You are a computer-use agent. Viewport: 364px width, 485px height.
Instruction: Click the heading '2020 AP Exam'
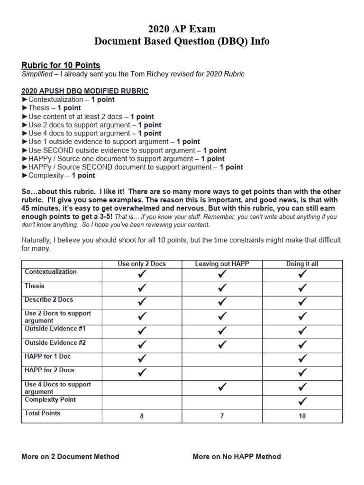pyautogui.click(x=182, y=29)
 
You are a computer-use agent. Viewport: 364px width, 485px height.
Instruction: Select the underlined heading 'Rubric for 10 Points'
pyautogui.click(x=61, y=65)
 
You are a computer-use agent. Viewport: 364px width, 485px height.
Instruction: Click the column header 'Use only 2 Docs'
pyautogui.click(x=142, y=264)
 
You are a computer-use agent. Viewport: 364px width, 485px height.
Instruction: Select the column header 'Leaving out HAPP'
pyautogui.click(x=222, y=264)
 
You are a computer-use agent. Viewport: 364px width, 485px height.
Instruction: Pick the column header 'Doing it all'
pyautogui.click(x=302, y=264)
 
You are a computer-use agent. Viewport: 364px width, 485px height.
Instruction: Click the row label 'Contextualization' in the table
pyautogui.click(x=51, y=272)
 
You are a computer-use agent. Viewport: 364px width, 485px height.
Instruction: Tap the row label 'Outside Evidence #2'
pyautogui.click(x=55, y=342)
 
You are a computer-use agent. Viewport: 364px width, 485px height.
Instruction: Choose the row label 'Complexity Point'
pyautogui.click(x=50, y=399)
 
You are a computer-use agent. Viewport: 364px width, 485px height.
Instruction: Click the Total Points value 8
pyautogui.click(x=142, y=416)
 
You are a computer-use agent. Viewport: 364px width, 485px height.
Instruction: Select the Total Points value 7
pyautogui.click(x=222, y=416)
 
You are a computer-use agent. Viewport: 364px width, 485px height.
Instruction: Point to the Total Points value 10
pyautogui.click(x=302, y=416)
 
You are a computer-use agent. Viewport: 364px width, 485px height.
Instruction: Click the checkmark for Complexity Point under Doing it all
pyautogui.click(x=302, y=402)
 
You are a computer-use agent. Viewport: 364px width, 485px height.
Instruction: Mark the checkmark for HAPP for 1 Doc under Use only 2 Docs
pyautogui.click(x=142, y=359)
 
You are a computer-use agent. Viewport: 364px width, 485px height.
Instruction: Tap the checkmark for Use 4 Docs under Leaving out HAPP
pyautogui.click(x=222, y=387)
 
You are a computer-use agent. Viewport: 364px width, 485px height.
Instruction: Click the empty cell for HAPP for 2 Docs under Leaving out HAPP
pyautogui.click(x=222, y=373)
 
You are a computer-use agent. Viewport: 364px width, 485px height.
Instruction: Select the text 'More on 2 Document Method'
pyautogui.click(x=70, y=457)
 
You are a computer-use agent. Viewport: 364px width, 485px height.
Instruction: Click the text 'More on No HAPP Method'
pyautogui.click(x=237, y=457)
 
